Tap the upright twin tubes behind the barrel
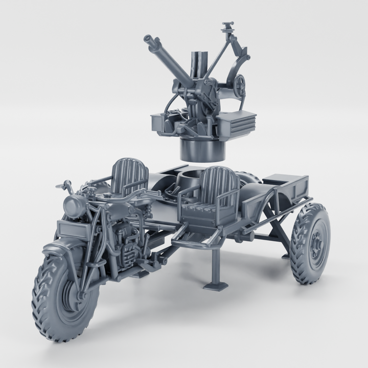199,64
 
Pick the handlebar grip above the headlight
65,185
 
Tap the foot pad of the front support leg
215,285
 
